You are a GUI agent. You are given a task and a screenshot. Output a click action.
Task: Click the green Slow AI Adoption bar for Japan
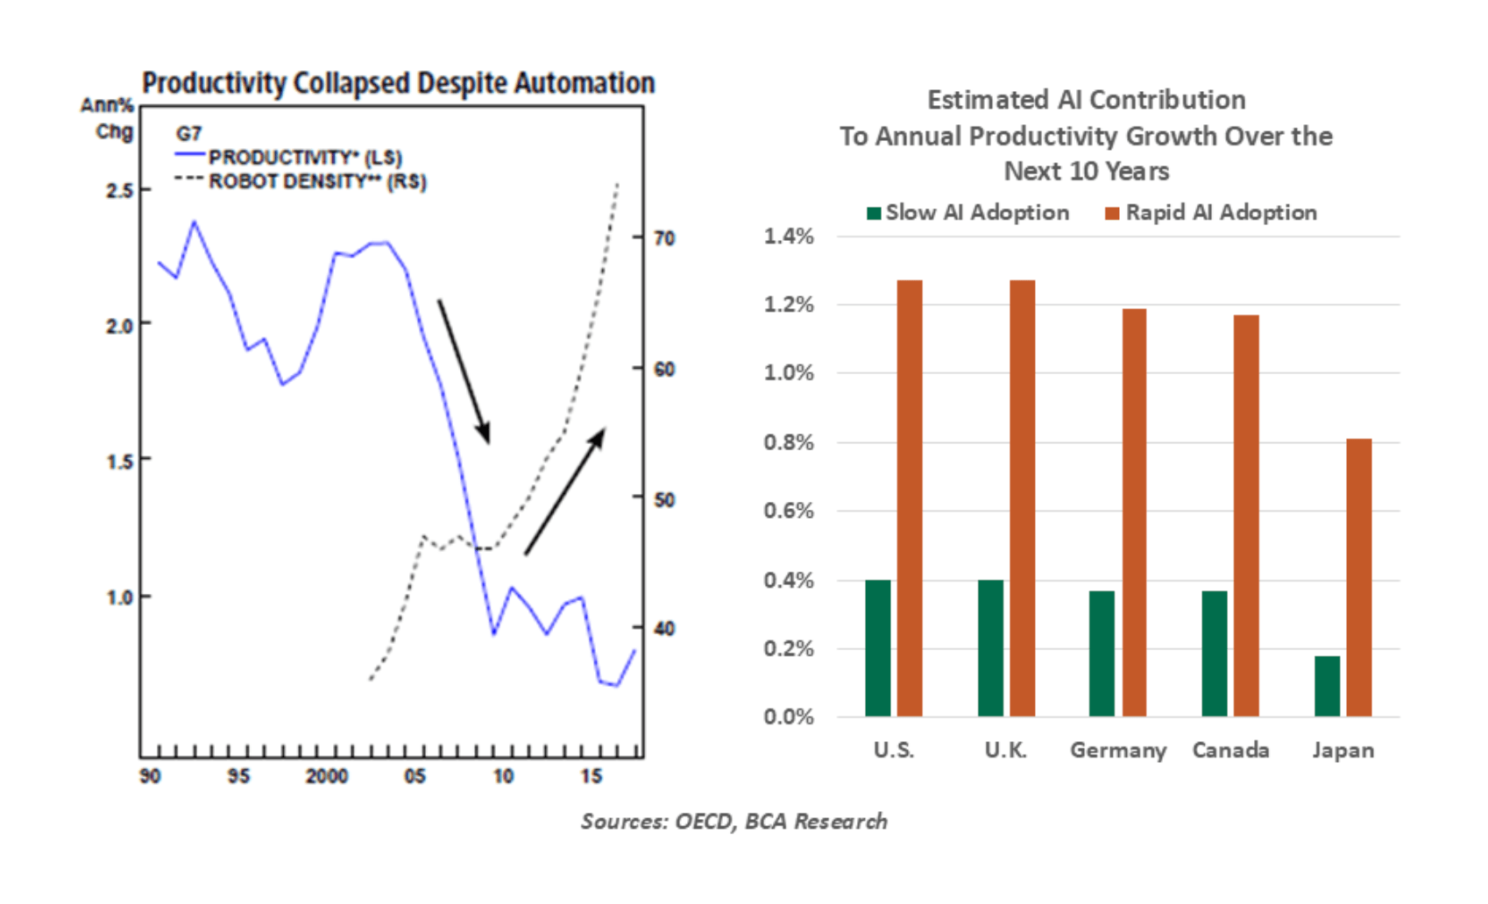click(1327, 686)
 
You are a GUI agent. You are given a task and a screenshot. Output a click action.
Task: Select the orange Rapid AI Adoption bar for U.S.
click(910, 498)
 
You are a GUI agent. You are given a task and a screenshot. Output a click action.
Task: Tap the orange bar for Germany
click(1134, 512)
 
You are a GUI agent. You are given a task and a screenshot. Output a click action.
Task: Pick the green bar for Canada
click(1215, 653)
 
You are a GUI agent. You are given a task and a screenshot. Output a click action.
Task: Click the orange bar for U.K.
click(1023, 498)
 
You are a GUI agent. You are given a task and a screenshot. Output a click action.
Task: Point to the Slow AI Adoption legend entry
click(968, 213)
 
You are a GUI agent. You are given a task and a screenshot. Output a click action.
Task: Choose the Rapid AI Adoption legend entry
click(1211, 213)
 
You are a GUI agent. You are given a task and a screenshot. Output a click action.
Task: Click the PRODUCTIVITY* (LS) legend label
click(306, 158)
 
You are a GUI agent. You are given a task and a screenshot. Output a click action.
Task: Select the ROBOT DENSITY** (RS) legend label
click(317, 181)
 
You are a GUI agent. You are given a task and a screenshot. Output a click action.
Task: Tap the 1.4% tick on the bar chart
click(789, 236)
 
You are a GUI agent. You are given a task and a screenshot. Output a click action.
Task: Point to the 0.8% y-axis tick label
click(789, 442)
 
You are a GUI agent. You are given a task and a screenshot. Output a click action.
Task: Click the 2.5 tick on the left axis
click(119, 191)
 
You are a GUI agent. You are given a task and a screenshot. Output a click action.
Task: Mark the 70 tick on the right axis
click(664, 237)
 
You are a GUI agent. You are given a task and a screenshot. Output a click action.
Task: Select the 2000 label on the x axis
click(327, 776)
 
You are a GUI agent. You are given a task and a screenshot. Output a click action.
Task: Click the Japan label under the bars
click(1343, 751)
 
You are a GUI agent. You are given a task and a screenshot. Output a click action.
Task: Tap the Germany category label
click(1118, 752)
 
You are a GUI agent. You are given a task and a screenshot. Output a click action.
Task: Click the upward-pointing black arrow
click(564, 491)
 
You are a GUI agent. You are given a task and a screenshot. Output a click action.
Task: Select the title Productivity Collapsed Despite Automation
click(399, 84)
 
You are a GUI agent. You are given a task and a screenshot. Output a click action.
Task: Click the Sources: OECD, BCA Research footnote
click(734, 822)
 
